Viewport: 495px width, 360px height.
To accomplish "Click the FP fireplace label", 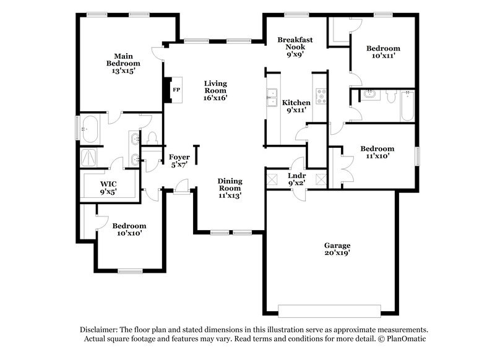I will pos(176,89).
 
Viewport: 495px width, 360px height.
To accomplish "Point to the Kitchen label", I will pos(296,102).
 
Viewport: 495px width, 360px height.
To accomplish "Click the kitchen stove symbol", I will pos(321,95).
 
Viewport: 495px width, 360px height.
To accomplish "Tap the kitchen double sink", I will pos(272,96).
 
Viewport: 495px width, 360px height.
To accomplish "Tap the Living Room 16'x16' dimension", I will pos(216,98).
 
